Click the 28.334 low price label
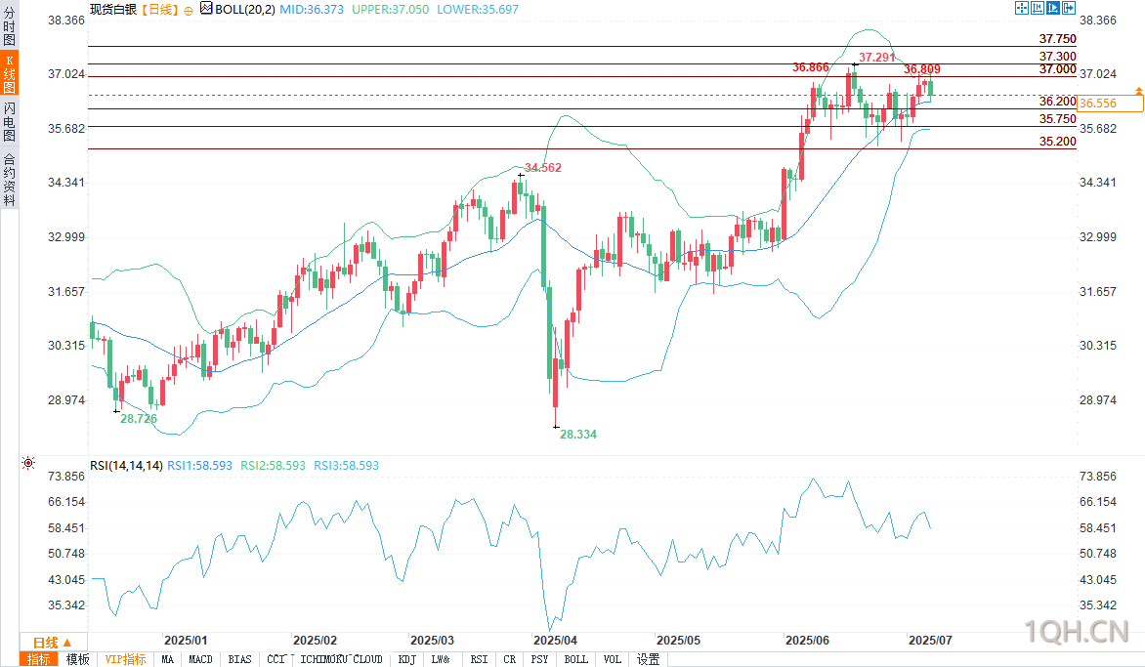(578, 434)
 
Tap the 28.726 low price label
(139, 418)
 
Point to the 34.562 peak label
(543, 168)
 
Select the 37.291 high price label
(876, 58)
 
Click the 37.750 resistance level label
(1057, 39)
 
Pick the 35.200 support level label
(1057, 142)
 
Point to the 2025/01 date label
(186, 641)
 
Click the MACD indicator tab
(200, 659)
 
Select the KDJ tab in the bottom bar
(406, 659)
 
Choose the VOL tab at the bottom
(612, 659)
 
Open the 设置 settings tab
(648, 659)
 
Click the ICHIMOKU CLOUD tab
(342, 659)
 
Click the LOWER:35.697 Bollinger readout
(478, 9)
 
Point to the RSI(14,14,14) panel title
(125, 466)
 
